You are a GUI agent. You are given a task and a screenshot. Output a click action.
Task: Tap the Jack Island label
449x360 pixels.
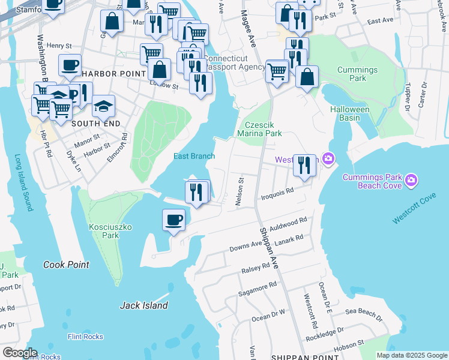(144, 305)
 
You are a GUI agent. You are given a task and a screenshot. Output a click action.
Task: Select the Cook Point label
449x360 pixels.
(66, 265)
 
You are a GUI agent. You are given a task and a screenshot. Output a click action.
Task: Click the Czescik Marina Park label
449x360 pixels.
(259, 130)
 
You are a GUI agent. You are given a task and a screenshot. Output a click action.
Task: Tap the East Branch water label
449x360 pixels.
(194, 157)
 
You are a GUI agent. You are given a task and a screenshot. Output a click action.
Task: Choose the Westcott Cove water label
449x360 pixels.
(415, 209)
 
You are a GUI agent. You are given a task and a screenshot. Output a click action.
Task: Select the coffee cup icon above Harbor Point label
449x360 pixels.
(70, 64)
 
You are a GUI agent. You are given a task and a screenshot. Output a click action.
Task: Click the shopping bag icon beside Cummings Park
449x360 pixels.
(307, 77)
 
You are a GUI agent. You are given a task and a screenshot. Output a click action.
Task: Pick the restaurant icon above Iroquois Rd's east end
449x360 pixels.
(305, 164)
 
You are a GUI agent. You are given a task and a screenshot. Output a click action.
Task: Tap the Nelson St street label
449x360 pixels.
(240, 191)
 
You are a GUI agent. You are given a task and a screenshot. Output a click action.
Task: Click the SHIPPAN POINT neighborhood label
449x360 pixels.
(298, 356)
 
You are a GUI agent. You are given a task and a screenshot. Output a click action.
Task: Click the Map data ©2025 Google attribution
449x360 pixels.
(412, 355)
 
